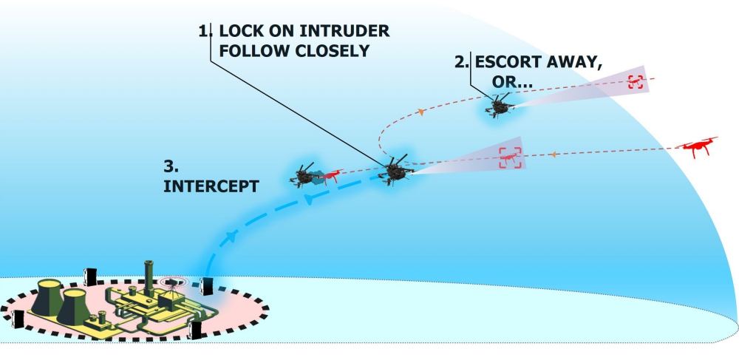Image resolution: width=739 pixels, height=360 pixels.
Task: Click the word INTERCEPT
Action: coord(211,186)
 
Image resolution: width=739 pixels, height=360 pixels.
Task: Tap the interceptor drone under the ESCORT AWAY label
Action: coord(499,105)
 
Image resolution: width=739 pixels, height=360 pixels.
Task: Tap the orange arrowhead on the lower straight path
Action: coord(554,154)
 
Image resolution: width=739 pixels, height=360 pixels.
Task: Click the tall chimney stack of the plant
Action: coord(149,273)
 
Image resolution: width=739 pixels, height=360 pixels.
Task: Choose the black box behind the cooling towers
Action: coord(92,275)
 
